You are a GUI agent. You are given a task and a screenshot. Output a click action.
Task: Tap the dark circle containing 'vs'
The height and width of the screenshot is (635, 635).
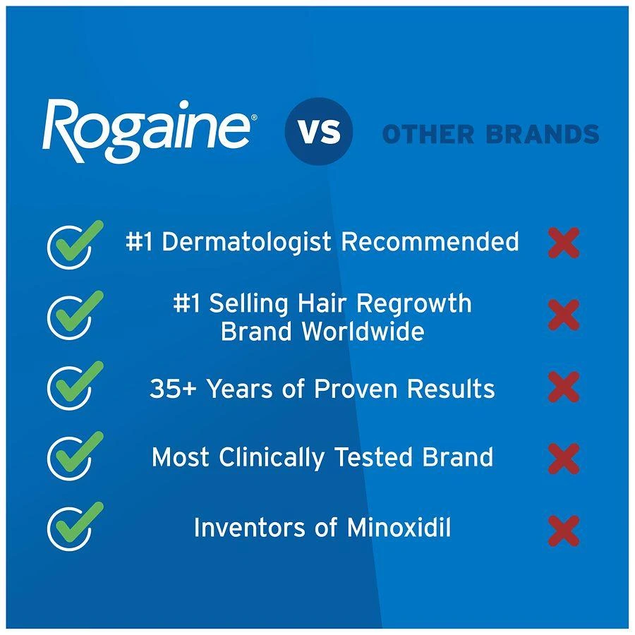click(318, 132)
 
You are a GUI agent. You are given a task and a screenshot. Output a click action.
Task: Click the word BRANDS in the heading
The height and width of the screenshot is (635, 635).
click(547, 134)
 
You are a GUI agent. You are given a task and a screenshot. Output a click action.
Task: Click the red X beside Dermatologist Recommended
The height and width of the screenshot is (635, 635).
click(564, 243)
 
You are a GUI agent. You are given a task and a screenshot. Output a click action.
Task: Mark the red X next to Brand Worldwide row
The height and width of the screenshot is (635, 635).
click(564, 315)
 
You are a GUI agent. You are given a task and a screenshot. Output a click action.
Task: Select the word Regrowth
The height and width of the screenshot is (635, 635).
click(413, 303)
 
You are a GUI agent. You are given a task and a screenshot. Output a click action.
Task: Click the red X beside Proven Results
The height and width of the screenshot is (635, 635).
click(564, 387)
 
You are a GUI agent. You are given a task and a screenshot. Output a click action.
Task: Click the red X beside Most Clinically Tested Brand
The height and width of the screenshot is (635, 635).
click(564, 458)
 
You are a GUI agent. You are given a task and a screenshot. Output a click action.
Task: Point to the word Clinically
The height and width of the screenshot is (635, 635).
click(273, 457)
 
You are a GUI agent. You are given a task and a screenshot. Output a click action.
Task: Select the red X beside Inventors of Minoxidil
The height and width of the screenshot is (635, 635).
click(564, 531)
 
